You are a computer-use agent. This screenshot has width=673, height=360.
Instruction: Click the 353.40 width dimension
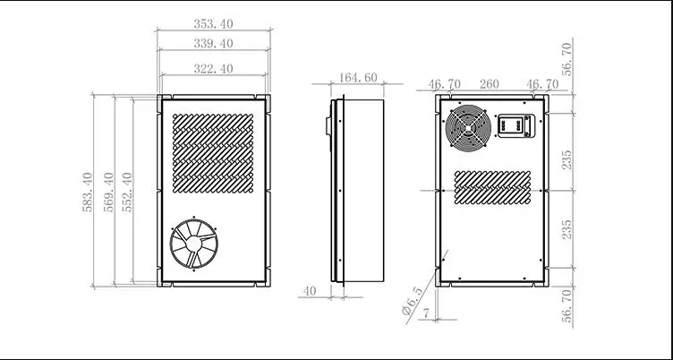[x=212, y=24]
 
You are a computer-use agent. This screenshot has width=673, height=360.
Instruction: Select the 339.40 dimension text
[x=212, y=43]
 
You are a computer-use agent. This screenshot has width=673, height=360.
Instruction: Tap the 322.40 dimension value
[x=212, y=67]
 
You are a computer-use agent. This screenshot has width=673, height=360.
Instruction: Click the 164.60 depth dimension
[x=358, y=79]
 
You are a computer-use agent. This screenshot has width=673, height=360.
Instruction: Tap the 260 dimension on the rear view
[x=489, y=85]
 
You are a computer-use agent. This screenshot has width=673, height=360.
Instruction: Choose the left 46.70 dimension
[x=445, y=85]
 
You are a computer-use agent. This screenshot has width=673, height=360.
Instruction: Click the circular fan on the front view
[x=193, y=243]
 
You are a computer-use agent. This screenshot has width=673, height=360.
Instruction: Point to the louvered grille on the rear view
[x=490, y=186]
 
